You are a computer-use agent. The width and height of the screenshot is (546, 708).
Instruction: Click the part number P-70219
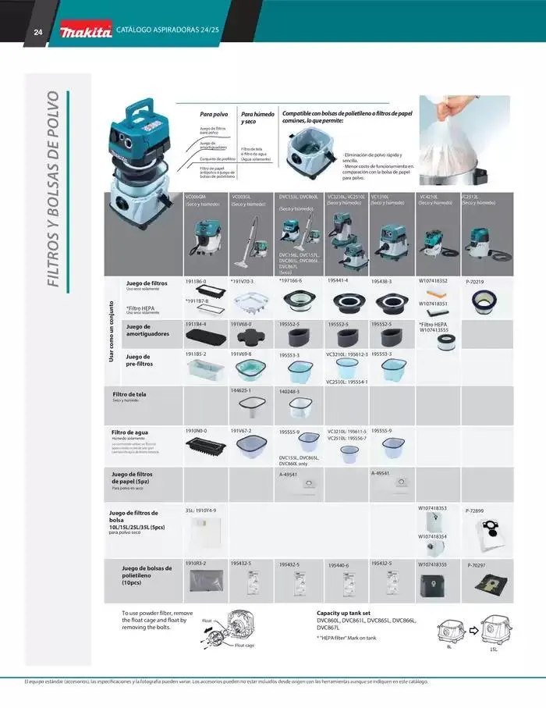(x=475, y=282)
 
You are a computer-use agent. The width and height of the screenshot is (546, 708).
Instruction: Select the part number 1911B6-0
(x=196, y=280)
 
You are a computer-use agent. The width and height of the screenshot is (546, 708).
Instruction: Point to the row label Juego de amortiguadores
(x=147, y=330)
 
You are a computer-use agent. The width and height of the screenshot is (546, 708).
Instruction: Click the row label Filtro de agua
(x=129, y=432)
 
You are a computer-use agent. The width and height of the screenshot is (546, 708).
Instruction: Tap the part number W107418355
(x=433, y=564)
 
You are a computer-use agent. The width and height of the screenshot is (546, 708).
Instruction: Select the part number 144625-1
(x=240, y=389)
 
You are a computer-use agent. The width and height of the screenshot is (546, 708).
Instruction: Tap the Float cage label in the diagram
(x=244, y=646)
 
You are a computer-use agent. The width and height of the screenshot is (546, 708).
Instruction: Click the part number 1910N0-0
(x=196, y=430)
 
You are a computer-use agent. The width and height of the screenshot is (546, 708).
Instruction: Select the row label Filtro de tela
(x=129, y=394)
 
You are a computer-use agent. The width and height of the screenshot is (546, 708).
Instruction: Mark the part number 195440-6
(x=339, y=565)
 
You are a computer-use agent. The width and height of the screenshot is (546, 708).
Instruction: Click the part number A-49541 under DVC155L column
(x=289, y=473)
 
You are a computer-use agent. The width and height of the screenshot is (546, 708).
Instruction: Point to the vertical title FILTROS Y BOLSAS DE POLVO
(x=54, y=188)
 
